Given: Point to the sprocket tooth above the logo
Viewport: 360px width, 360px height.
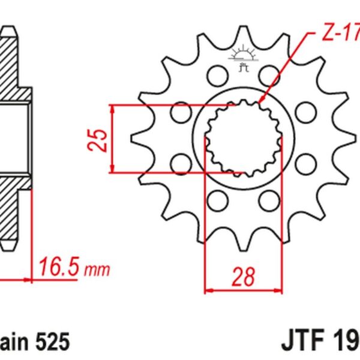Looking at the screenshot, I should coord(244,33).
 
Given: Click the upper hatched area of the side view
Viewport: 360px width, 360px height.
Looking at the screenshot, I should coord(15,66).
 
